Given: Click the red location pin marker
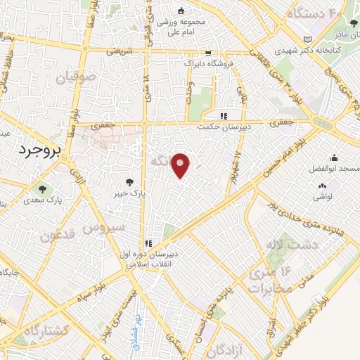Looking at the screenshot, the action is [x=181, y=166].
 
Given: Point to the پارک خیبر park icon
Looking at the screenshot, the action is [x=128, y=181].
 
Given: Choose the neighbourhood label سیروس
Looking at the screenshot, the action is [x=103, y=228].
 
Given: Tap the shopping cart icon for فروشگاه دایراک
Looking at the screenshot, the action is [x=208, y=53].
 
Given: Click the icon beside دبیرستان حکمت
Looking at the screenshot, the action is [x=224, y=117].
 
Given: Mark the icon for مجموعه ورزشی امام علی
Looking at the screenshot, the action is [x=181, y=11].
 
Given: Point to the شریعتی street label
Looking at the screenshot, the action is [x=118, y=51].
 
